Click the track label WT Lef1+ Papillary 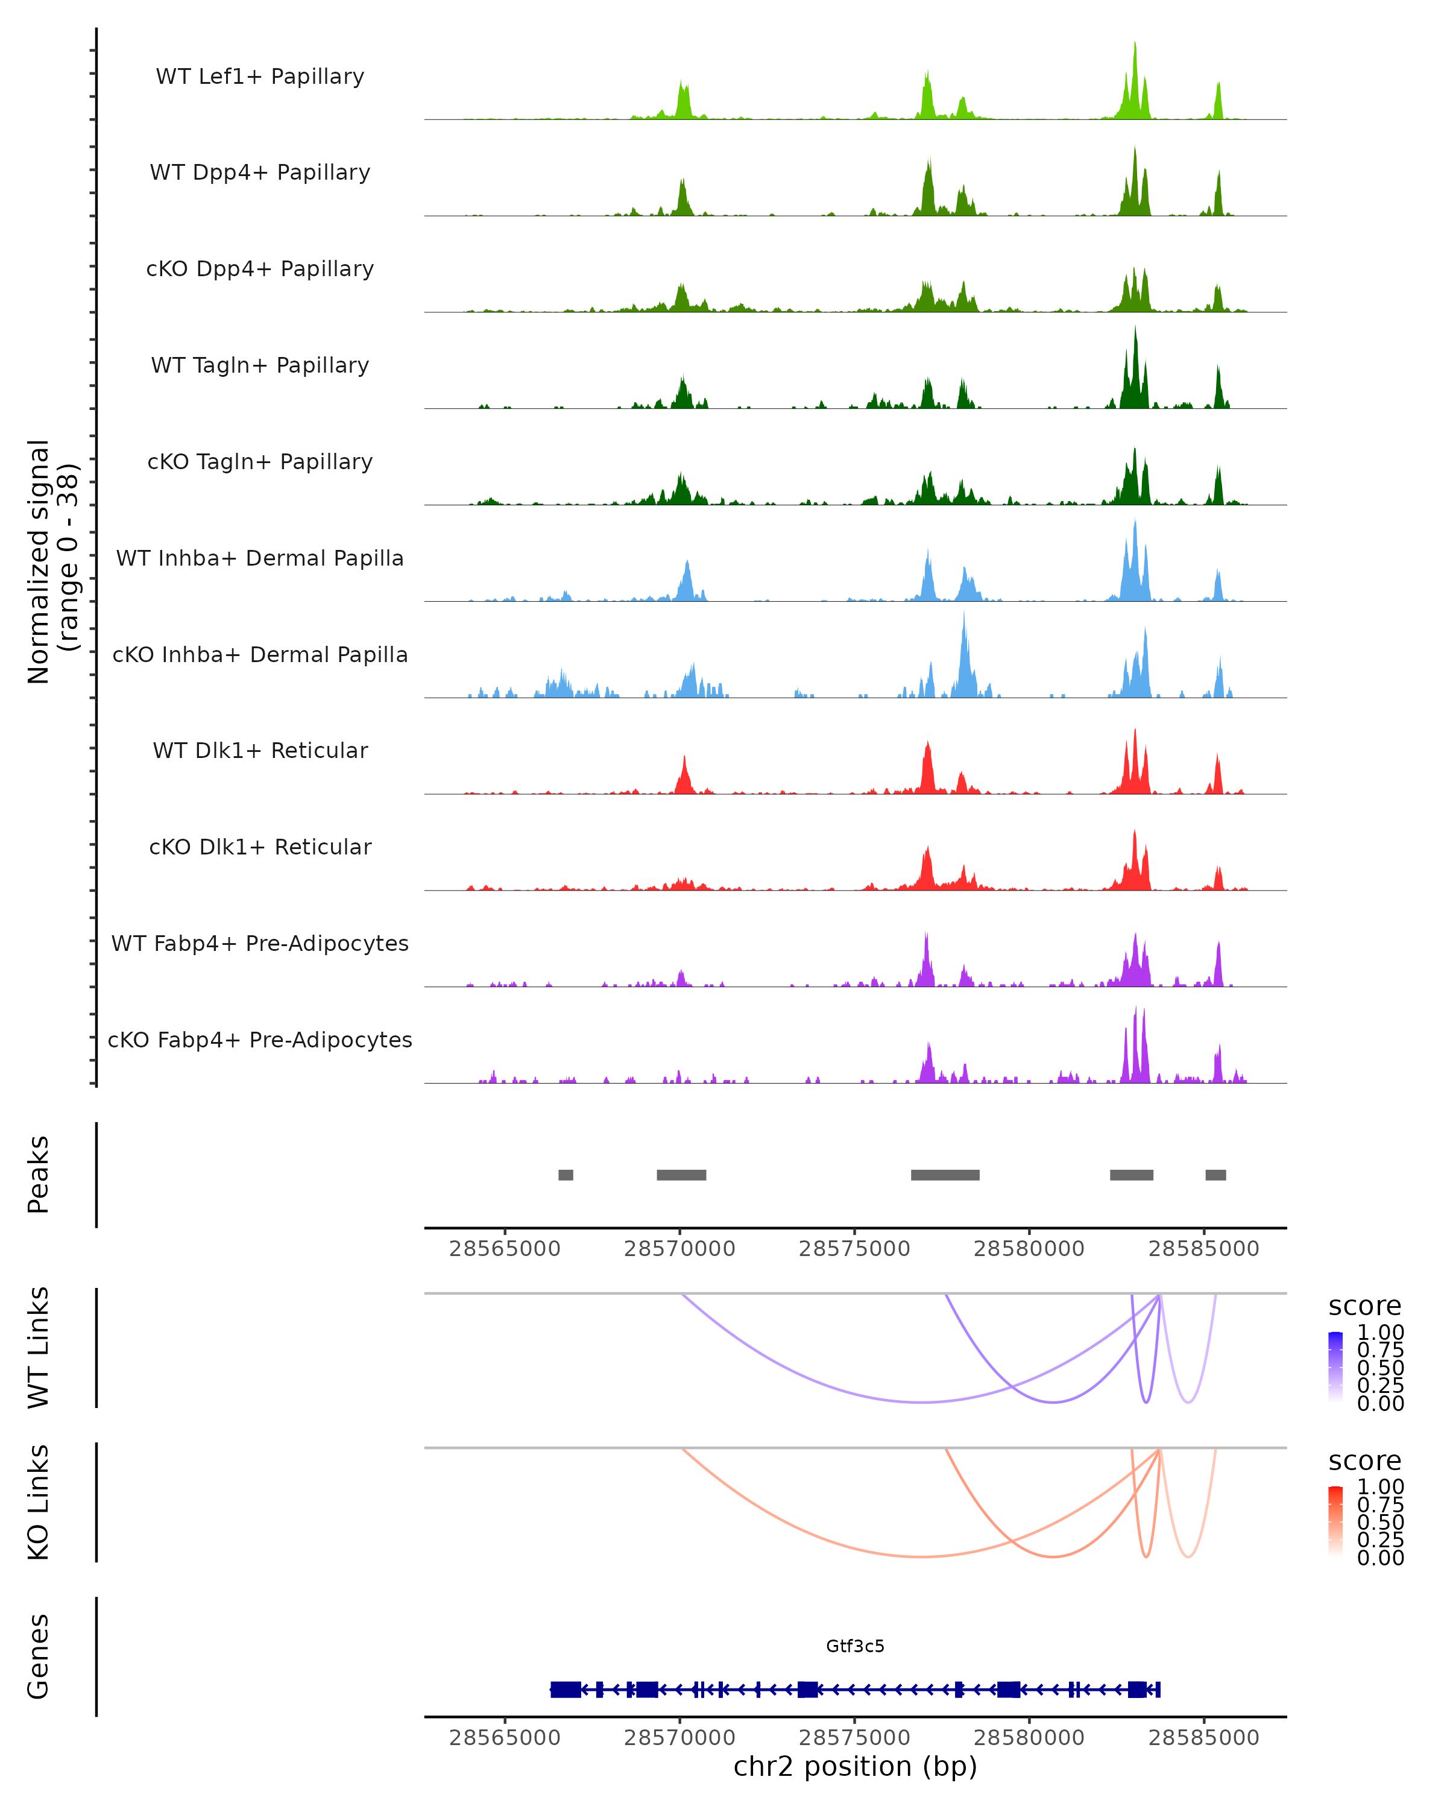click(260, 77)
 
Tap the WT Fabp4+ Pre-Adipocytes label click(260, 943)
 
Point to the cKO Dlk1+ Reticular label click(260, 847)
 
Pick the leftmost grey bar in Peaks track click(566, 1175)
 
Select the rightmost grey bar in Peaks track click(1215, 1175)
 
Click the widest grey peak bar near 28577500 click(945, 1175)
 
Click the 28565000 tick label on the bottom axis click(504, 1738)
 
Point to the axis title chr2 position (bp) click(855, 1767)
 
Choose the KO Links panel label click(39, 1502)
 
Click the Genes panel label click(39, 1656)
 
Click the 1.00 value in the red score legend click(1380, 1487)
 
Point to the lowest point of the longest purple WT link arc click(921, 1401)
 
